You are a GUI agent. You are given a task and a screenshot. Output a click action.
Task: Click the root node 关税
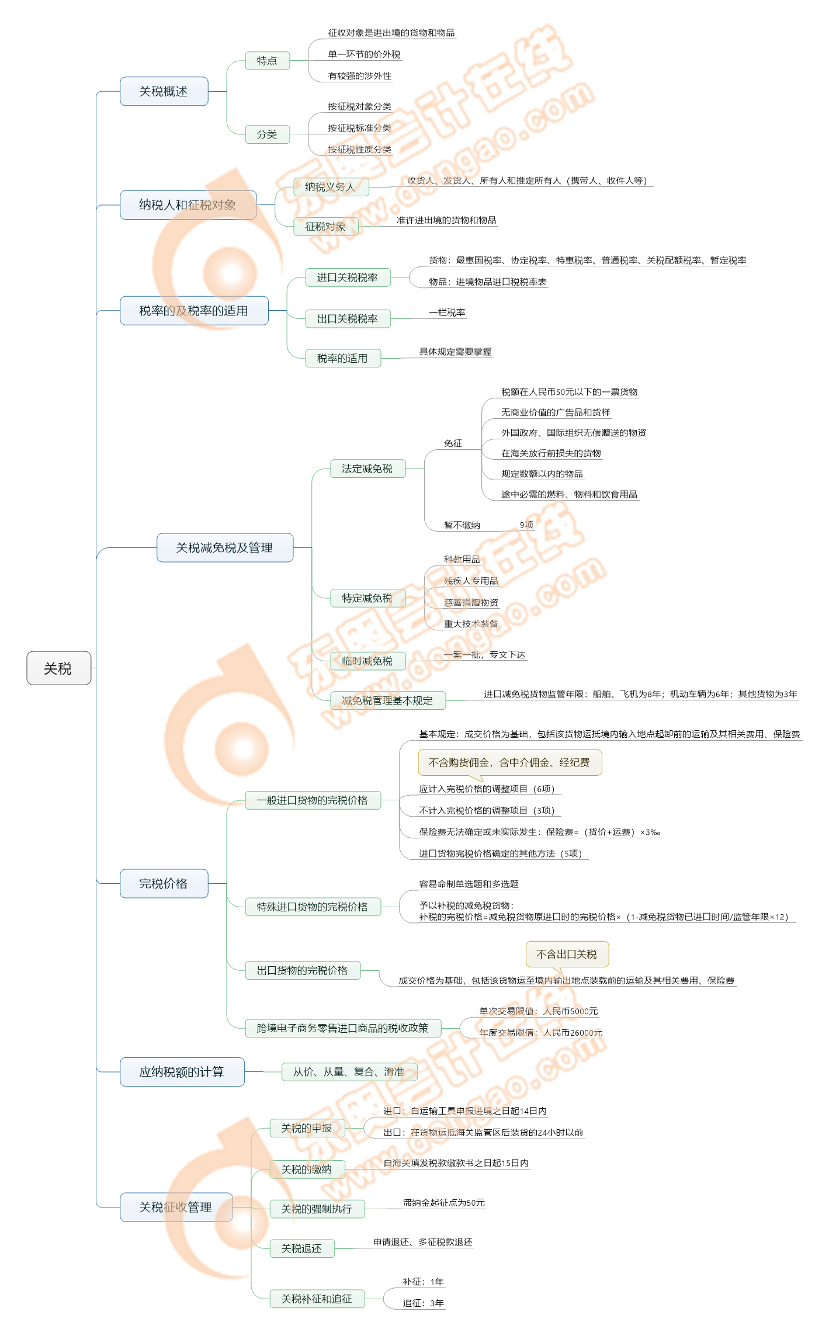point(58,668)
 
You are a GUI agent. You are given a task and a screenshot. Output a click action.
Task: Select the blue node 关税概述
point(164,91)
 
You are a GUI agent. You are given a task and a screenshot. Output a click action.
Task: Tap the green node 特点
point(267,61)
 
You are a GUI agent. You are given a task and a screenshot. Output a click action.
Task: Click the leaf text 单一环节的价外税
point(364,54)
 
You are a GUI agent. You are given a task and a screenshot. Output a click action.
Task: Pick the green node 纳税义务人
point(330,187)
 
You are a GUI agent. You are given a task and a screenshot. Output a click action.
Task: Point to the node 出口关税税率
point(348,319)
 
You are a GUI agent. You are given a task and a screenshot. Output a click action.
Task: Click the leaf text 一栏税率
point(447,313)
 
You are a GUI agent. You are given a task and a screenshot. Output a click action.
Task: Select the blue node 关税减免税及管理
point(224,547)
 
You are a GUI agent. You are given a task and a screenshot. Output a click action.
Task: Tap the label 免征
point(453,443)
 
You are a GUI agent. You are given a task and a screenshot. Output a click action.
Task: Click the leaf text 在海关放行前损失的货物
point(551,453)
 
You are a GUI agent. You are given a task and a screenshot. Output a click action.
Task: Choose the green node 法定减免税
point(367,469)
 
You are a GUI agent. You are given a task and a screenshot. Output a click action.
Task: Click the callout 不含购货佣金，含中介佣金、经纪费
point(509,762)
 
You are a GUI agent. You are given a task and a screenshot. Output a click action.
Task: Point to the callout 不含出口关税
point(567,954)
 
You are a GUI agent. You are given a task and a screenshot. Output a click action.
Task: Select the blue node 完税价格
point(164,883)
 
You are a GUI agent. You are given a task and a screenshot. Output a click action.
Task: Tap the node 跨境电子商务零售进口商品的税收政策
point(342,1028)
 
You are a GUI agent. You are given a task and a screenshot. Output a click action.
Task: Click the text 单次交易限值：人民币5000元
point(539,1011)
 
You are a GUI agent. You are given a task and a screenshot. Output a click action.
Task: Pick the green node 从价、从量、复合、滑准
point(349,1072)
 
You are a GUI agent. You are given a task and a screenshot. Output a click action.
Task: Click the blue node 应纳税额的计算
point(182,1072)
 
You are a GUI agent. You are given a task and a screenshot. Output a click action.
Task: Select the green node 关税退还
point(301,1248)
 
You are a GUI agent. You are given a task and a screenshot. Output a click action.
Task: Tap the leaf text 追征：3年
point(423,1303)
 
